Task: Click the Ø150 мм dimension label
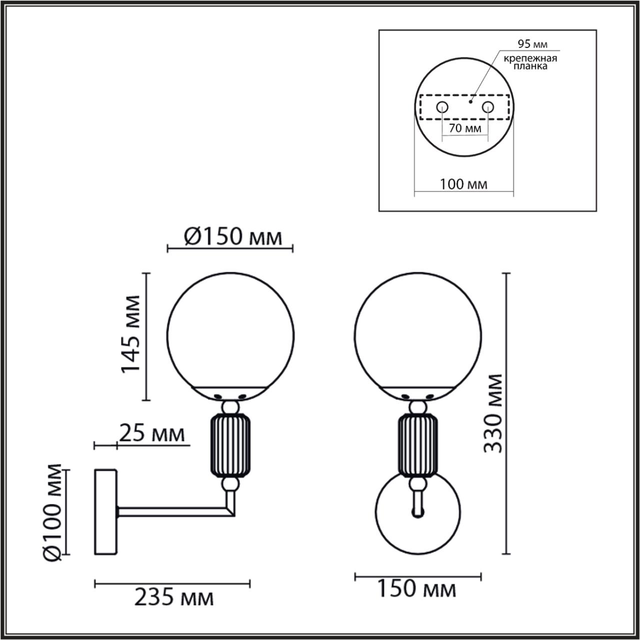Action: [x=232, y=237]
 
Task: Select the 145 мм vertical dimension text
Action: [x=131, y=334]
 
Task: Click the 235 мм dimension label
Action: [x=173, y=597]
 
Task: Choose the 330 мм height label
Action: [x=494, y=413]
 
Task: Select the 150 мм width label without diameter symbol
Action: [x=416, y=589]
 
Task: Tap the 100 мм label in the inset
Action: [x=463, y=184]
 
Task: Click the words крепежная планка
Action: [x=530, y=62]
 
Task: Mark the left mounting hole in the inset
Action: [x=442, y=107]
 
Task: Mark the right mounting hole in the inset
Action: [x=487, y=107]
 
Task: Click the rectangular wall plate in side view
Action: [x=105, y=511]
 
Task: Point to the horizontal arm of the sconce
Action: [x=170, y=511]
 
